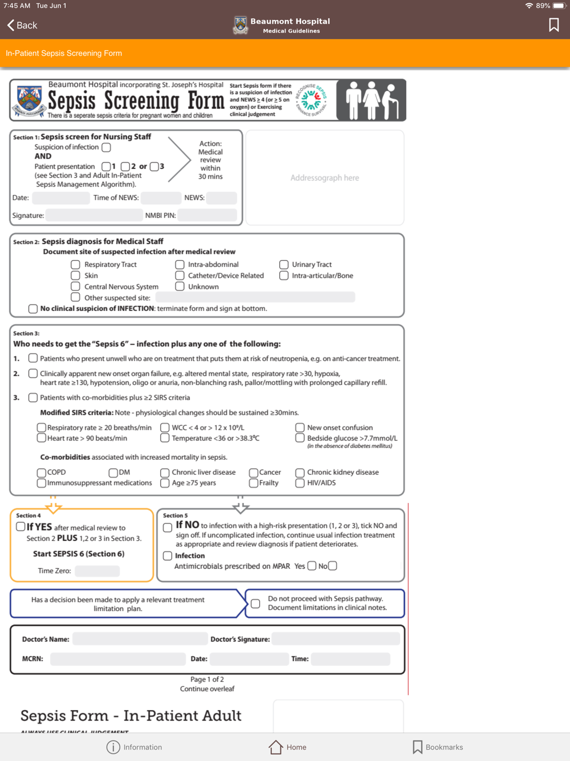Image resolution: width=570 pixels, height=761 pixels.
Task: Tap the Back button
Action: coord(22,25)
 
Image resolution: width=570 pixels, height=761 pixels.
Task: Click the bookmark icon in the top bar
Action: coord(553,25)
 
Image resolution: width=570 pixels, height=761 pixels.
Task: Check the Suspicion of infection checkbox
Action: coord(106,147)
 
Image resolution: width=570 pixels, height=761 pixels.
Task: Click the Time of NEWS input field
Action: coord(161,198)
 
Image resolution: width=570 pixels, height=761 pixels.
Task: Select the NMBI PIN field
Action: coord(207,215)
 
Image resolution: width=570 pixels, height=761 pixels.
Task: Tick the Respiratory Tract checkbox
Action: coord(75,265)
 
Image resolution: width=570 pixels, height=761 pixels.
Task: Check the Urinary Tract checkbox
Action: coord(283,265)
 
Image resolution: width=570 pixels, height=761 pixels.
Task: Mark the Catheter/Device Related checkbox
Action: coord(180,276)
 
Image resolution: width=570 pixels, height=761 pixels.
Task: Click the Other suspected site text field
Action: coord(255,297)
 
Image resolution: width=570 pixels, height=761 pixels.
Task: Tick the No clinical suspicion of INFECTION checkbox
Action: coord(33,309)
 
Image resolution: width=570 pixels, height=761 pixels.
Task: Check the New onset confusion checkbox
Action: coord(300,427)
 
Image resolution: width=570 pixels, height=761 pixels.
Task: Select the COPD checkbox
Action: coord(41,472)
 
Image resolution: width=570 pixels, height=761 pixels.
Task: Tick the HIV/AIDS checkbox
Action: coord(300,483)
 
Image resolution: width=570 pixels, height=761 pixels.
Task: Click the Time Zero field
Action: coord(97,570)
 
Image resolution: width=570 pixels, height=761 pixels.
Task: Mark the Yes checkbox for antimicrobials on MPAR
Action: coord(312,566)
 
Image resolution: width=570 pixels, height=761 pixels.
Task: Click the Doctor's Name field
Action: coord(140,639)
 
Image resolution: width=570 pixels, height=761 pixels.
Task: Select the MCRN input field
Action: coord(118,659)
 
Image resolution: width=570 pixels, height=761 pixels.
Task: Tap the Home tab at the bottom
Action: coord(288,747)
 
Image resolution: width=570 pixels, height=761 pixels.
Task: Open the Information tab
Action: coord(135,747)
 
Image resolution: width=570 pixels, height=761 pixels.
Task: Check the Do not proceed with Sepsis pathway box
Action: coord(255,604)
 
